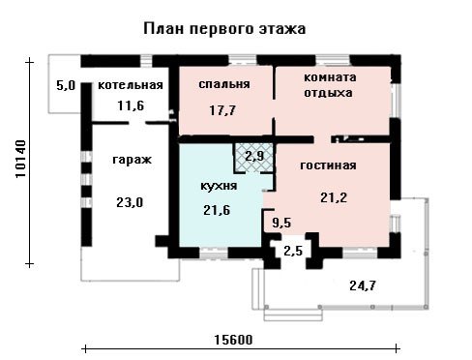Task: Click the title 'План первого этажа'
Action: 224,29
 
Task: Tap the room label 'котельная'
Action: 131,85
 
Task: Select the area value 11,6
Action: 131,105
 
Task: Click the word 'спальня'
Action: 224,84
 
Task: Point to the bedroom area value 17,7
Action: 222,110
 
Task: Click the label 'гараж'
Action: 133,160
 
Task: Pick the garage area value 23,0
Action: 130,202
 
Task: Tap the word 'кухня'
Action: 219,186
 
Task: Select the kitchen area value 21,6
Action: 217,210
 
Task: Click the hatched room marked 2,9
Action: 254,157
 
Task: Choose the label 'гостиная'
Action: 328,165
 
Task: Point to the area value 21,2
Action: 334,197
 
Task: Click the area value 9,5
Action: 281,223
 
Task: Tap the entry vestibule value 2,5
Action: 293,251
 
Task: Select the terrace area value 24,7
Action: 363,285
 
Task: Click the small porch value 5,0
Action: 66,85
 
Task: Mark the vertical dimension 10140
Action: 20,159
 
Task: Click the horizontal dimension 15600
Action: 233,340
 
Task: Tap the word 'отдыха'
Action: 328,93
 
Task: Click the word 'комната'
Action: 330,77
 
